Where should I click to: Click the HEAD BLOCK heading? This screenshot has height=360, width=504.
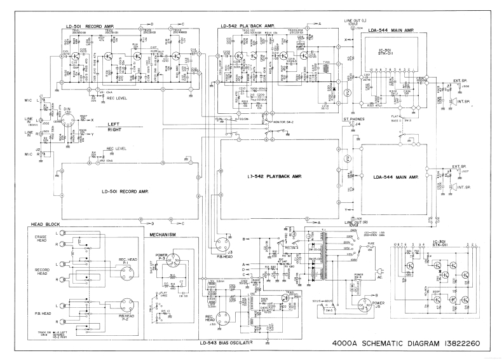[x=45, y=226]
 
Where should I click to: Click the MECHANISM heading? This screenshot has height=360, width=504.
[x=164, y=234]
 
